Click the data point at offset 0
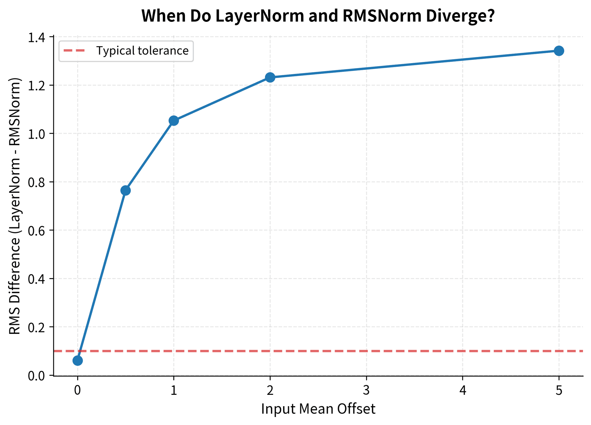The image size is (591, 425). [78, 361]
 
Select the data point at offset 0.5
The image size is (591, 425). [126, 190]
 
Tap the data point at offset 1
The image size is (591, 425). [174, 121]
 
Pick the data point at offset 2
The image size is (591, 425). [270, 77]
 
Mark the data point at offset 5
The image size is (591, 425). [559, 51]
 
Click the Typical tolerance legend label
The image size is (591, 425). [142, 51]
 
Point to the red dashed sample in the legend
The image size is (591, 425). [74, 51]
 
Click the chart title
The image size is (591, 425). [318, 16]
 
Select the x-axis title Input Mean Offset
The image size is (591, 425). [318, 409]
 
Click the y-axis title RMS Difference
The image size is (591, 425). [15, 206]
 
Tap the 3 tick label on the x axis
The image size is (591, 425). [366, 391]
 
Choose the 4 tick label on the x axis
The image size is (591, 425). [463, 391]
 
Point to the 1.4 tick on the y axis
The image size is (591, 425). [36, 38]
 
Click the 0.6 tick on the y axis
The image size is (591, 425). [36, 230]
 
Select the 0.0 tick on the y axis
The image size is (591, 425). [36, 376]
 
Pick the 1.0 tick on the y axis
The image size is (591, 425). [36, 134]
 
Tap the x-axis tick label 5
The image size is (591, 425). [559, 391]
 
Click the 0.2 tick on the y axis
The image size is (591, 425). [36, 327]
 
